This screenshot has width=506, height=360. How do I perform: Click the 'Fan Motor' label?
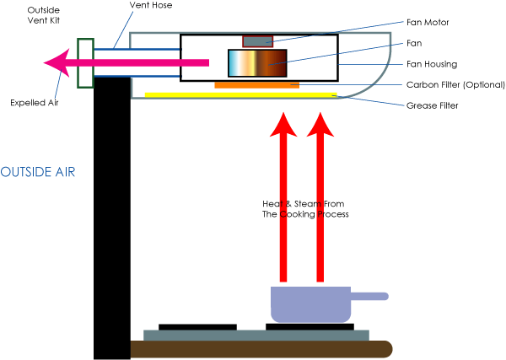426,23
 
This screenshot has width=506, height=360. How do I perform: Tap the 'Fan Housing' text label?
432,63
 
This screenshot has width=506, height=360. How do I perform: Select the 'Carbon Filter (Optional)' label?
455,84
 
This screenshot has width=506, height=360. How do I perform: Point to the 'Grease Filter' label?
433,105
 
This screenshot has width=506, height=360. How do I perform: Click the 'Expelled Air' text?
34,103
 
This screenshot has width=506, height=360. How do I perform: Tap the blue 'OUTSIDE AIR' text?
38,172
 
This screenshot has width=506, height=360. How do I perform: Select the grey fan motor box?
257,41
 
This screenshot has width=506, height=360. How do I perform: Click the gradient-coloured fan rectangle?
258,64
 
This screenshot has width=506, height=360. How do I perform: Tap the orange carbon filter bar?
256,85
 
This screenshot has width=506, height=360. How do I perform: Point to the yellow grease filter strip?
240,94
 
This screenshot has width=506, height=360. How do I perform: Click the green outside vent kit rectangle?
84,62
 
